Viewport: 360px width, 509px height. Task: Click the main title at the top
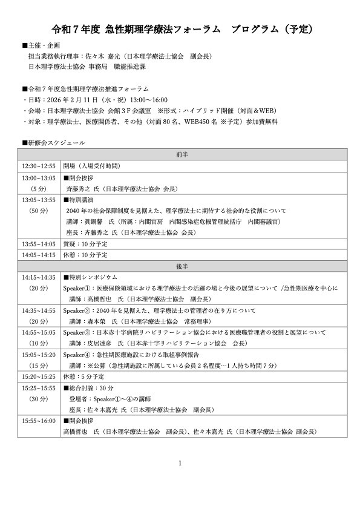point(180,28)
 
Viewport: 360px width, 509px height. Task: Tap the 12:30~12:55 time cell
point(38,166)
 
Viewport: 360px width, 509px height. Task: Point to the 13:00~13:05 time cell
point(38,178)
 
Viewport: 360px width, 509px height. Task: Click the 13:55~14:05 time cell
point(38,244)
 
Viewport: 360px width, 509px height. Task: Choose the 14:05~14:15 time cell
point(38,255)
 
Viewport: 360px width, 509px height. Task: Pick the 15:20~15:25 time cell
point(38,376)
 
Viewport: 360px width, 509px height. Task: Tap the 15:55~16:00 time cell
point(38,421)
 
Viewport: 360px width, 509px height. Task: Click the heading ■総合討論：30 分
point(90,387)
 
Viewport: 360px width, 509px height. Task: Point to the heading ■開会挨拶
point(78,178)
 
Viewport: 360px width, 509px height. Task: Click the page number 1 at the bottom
point(180,463)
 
